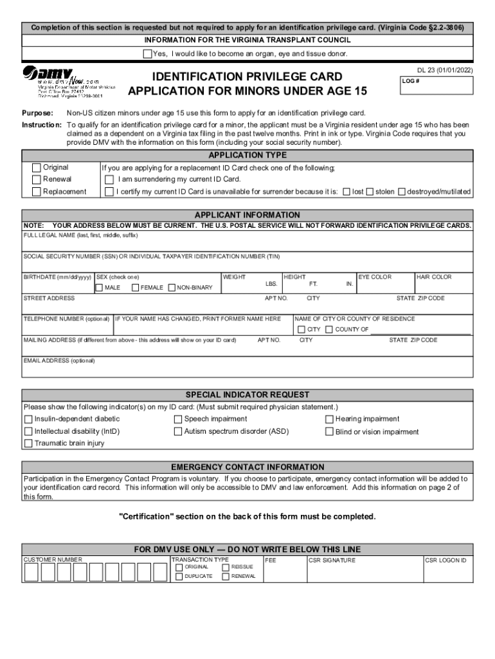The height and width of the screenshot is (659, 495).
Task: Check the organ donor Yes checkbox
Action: [x=147, y=53]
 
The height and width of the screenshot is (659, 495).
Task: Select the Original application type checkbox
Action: [x=37, y=168]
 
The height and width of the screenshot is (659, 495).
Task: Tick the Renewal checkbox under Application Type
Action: [x=37, y=180]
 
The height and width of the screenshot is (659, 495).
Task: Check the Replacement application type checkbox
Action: [x=37, y=192]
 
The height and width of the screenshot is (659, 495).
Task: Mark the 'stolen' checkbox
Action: [x=370, y=192]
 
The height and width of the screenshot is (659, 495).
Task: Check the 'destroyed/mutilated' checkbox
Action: [x=402, y=192]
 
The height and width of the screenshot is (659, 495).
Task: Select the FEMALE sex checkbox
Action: [x=136, y=288]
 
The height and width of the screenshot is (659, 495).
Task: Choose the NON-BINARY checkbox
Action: [x=172, y=288]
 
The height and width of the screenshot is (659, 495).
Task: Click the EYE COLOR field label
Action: [x=375, y=277]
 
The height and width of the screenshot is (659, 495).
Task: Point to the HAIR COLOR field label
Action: [x=434, y=277]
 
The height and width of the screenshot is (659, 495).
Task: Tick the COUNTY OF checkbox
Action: [x=329, y=330]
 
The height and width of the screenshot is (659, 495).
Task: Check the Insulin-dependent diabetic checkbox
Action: [x=28, y=420]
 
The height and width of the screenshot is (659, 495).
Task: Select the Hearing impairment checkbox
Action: [x=330, y=420]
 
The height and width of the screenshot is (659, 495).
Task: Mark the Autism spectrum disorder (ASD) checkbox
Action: [x=178, y=432]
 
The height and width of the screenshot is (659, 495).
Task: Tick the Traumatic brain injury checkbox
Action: [x=28, y=443]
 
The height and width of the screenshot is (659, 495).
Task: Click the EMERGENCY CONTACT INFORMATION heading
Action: [x=248, y=467]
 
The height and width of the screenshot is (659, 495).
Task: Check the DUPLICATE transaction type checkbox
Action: [x=179, y=577]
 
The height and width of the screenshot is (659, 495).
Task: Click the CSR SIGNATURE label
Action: [x=332, y=561]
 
